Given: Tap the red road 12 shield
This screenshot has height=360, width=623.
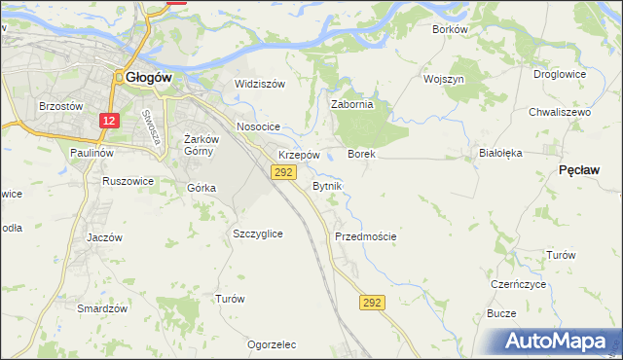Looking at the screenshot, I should point(109,121).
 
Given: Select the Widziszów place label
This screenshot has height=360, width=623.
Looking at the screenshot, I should point(260,84).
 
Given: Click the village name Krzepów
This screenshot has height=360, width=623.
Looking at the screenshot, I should point(299,155).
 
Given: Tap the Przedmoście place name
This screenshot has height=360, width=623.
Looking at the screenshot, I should point(365,236).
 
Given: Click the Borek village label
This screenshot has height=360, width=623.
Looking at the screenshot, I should point(361,155).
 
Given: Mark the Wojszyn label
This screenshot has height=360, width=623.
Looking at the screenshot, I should point(443,79).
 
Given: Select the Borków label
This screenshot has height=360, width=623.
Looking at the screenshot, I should point(451,29).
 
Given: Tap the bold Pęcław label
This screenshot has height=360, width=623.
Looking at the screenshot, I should point(580,169).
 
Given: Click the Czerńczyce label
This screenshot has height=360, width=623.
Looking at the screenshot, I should point(519,285).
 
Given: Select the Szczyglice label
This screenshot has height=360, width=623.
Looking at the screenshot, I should point(258,234).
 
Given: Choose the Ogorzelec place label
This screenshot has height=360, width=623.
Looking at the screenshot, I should point(272,344).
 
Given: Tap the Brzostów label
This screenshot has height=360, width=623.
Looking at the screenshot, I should point(57,105).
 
